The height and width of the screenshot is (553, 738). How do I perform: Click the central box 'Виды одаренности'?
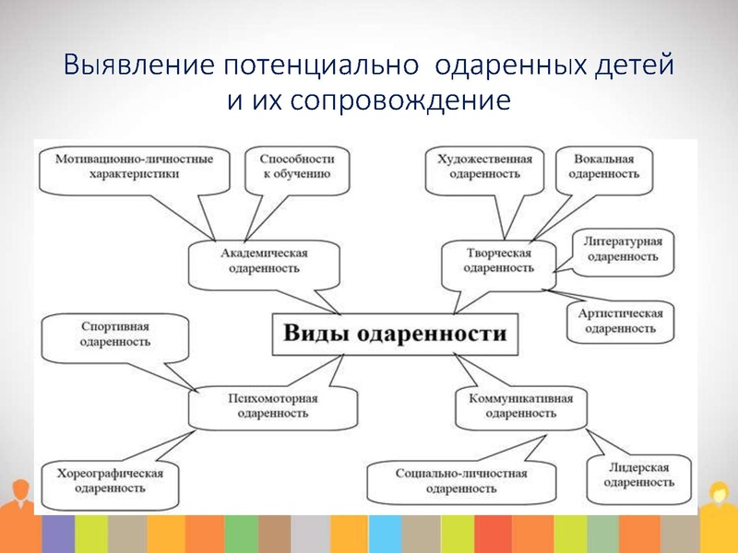(394, 334)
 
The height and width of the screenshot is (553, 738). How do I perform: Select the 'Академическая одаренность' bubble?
(264, 261)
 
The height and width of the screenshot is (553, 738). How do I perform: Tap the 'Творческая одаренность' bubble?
(499, 260)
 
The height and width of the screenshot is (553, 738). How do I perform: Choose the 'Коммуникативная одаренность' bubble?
(520, 406)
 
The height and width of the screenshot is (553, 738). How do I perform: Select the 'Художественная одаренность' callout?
(485, 166)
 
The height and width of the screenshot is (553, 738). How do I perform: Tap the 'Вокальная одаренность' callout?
(603, 166)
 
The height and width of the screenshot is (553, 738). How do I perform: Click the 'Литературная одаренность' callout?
(621, 249)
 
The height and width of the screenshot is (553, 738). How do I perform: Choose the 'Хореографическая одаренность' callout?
(109, 480)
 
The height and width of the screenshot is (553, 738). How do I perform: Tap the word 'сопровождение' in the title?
(400, 100)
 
